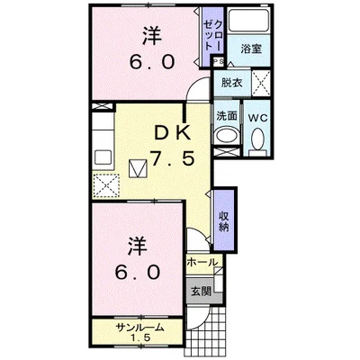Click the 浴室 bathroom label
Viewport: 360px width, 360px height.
(251, 49)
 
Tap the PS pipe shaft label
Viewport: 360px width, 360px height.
(218, 61)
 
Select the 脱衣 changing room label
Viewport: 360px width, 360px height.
(231, 83)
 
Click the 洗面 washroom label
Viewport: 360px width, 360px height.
(227, 116)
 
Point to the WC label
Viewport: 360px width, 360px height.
(257, 118)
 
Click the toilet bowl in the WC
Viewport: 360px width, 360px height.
(257, 139)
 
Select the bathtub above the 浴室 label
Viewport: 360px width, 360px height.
(248, 20)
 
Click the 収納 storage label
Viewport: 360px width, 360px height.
(224, 221)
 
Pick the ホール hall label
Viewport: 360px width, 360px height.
(202, 263)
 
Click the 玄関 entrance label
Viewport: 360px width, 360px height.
(201, 291)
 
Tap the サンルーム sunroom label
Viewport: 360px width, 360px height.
(140, 328)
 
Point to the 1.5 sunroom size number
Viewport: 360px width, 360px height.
(140, 338)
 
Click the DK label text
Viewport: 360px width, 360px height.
(172, 133)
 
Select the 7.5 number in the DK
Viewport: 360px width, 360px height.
(172, 158)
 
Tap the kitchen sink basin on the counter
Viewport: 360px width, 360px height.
(103, 156)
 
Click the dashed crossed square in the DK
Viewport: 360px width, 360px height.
(106, 185)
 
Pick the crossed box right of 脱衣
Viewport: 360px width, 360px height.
(261, 83)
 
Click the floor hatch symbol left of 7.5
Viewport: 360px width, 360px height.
(138, 168)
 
